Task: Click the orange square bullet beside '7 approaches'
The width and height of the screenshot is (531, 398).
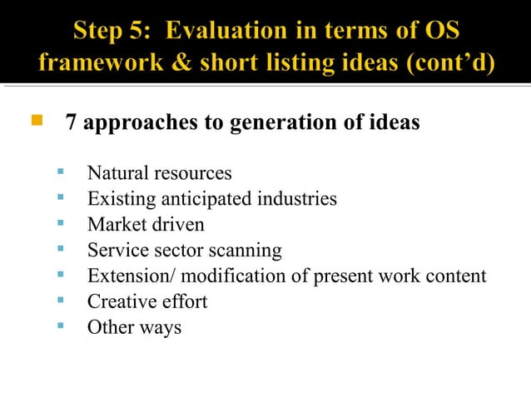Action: (36, 122)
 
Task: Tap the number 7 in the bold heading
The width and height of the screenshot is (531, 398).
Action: (72, 123)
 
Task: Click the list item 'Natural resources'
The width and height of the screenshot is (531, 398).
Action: (159, 174)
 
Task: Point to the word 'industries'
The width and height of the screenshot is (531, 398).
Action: (296, 199)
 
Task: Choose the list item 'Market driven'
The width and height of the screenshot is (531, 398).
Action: (146, 225)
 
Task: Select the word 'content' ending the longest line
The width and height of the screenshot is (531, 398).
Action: (455, 276)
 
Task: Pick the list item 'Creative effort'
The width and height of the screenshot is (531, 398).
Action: (147, 301)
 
